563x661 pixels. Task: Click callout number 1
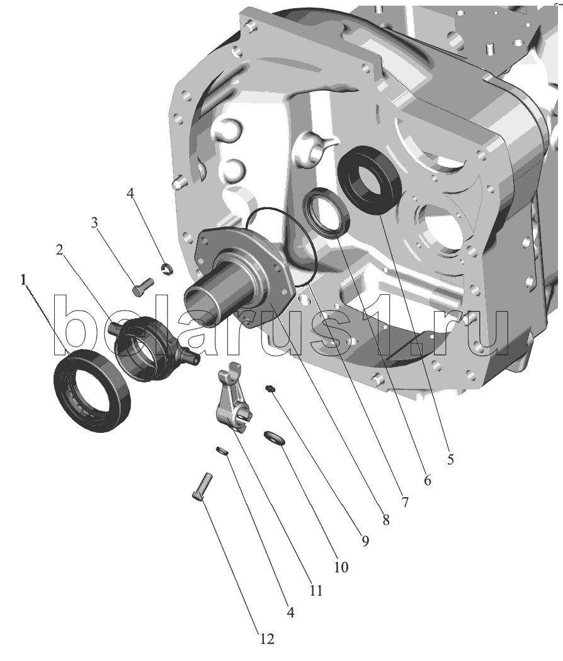pyautogui.click(x=23, y=280)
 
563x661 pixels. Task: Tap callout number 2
pyautogui.click(x=59, y=250)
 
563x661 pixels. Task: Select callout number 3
pyautogui.click(x=94, y=222)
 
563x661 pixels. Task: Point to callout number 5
pyautogui.click(x=450, y=459)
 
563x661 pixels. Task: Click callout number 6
pyautogui.click(x=428, y=480)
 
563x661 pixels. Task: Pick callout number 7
pyautogui.click(x=404, y=502)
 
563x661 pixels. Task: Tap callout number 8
pyautogui.click(x=385, y=520)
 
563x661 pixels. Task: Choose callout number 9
pyautogui.click(x=365, y=541)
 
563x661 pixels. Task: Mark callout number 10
pyautogui.click(x=341, y=567)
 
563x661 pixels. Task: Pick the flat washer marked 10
pyautogui.click(x=275, y=438)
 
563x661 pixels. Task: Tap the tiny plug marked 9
pyautogui.click(x=270, y=388)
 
